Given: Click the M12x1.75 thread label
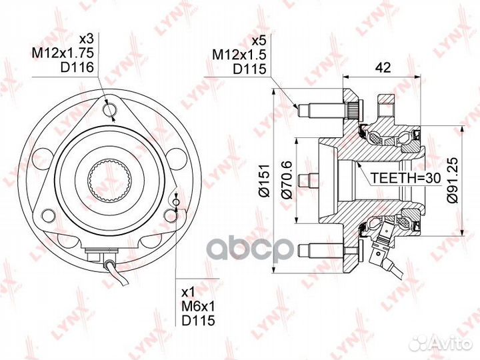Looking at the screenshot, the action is click(x=63, y=53).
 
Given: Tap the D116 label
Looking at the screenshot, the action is click(x=77, y=67).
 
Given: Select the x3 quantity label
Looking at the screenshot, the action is click(x=86, y=39).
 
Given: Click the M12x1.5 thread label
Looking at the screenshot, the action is click(x=239, y=55).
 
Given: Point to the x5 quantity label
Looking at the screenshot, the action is click(x=259, y=41).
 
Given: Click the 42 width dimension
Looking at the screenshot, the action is click(x=383, y=67).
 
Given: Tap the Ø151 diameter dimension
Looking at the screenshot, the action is click(x=264, y=181).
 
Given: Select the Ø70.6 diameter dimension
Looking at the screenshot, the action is click(x=288, y=180).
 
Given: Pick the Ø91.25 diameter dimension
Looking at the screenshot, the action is click(x=452, y=180).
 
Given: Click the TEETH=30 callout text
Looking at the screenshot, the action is click(x=405, y=177).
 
